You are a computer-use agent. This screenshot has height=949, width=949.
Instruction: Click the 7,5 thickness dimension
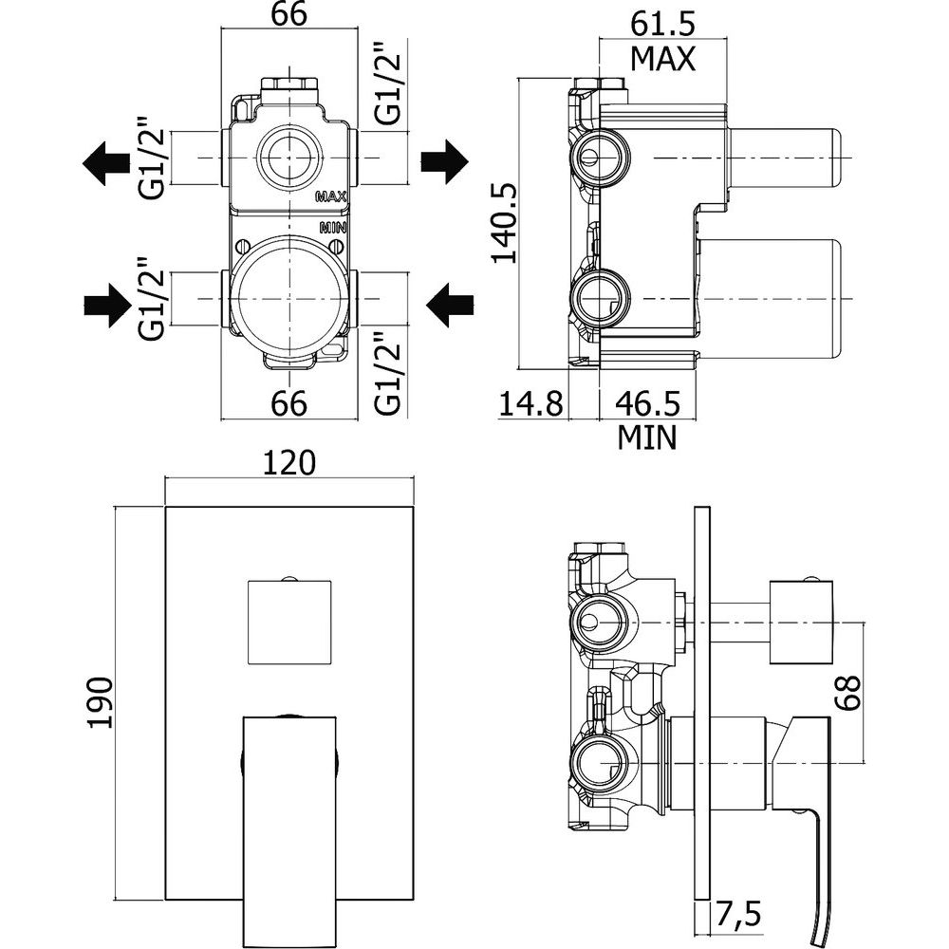[x=740, y=919]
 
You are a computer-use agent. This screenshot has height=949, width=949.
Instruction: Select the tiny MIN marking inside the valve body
[x=332, y=228]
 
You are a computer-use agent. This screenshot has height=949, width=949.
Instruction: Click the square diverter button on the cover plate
[x=289, y=621]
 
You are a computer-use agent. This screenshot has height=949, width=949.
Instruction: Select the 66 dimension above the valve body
[x=289, y=17]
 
